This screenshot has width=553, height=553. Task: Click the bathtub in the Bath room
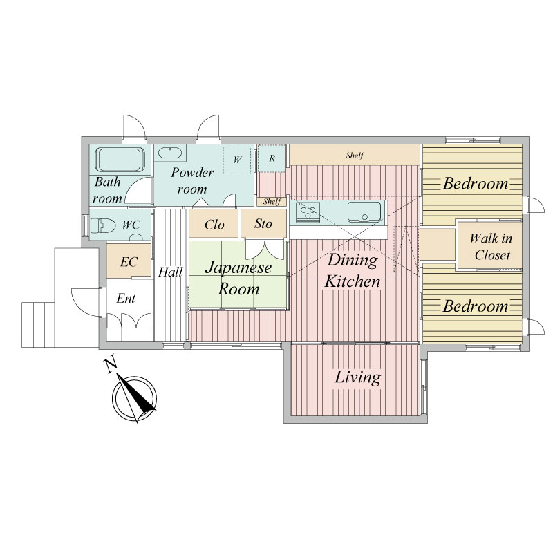pyautogui.click(x=120, y=160)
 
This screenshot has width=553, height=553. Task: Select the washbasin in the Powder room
pyautogui.click(x=169, y=153)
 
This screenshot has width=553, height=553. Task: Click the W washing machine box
pyautogui.click(x=236, y=160)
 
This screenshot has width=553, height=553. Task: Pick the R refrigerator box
pyautogui.click(x=271, y=158)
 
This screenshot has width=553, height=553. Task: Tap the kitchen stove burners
pyautogui.click(x=308, y=212)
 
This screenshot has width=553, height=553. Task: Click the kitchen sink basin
pyautogui.click(x=364, y=212)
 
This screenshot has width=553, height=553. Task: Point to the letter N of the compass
pyautogui.click(x=111, y=366)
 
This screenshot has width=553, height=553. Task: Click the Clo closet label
pyautogui.click(x=214, y=225)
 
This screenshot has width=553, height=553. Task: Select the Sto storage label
pyautogui.click(x=263, y=223)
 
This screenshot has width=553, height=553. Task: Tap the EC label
pyautogui.click(x=129, y=262)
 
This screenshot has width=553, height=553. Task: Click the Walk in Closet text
pyautogui.click(x=491, y=247)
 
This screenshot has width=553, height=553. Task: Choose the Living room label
pyautogui.click(x=357, y=377)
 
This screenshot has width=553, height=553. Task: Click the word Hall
pyautogui.click(x=170, y=272)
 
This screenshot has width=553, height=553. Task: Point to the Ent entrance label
pyautogui.click(x=126, y=299)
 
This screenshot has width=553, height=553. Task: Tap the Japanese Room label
pyautogui.click(x=238, y=279)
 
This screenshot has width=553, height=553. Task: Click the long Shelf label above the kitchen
pyautogui.click(x=355, y=155)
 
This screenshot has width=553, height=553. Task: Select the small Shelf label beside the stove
pyautogui.click(x=272, y=201)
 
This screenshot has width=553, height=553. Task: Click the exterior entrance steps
pyautogui.click(x=38, y=324)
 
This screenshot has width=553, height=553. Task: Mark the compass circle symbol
pyautogui.click(x=134, y=398)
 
